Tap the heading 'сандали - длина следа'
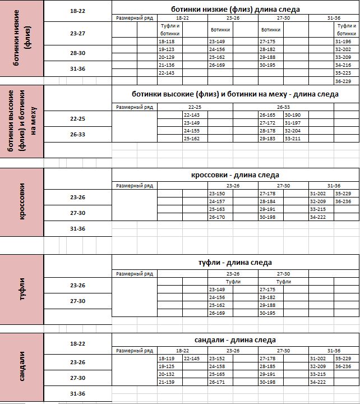(235, 340)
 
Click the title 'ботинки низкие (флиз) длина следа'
(235, 10)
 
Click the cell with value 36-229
(343, 81)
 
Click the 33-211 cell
(293, 139)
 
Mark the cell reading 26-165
(267, 115)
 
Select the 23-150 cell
(217, 194)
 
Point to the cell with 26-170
(217, 217)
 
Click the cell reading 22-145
(192, 359)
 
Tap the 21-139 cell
(167, 382)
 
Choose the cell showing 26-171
(217, 382)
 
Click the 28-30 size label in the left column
(78, 53)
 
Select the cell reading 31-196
(343, 42)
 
